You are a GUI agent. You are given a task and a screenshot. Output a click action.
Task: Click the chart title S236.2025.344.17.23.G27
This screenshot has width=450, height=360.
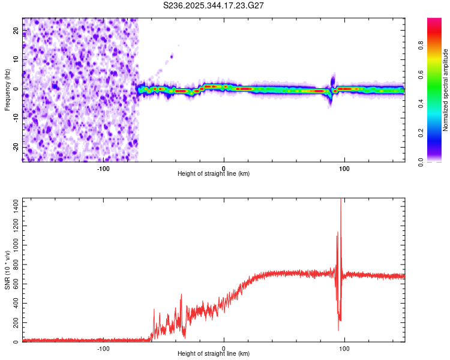pos(214,5)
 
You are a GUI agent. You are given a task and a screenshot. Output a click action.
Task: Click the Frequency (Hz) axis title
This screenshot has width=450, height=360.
pos(8,90)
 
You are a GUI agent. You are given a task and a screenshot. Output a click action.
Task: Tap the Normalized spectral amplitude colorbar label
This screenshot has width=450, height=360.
pos(446,90)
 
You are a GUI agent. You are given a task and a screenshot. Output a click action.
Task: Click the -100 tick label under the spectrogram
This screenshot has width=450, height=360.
pos(103,168)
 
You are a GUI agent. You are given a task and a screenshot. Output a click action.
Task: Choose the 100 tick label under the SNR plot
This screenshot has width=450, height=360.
pos(344,348)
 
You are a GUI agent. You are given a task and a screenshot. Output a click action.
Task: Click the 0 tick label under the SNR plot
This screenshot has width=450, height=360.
pos(224,348)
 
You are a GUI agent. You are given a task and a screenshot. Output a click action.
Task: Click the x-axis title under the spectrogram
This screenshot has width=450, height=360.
pos(214,174)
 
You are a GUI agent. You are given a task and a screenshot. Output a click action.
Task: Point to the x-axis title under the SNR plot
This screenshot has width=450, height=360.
pos(214,354)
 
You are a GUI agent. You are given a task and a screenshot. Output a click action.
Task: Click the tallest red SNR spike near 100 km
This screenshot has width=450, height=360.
pos(341,200)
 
